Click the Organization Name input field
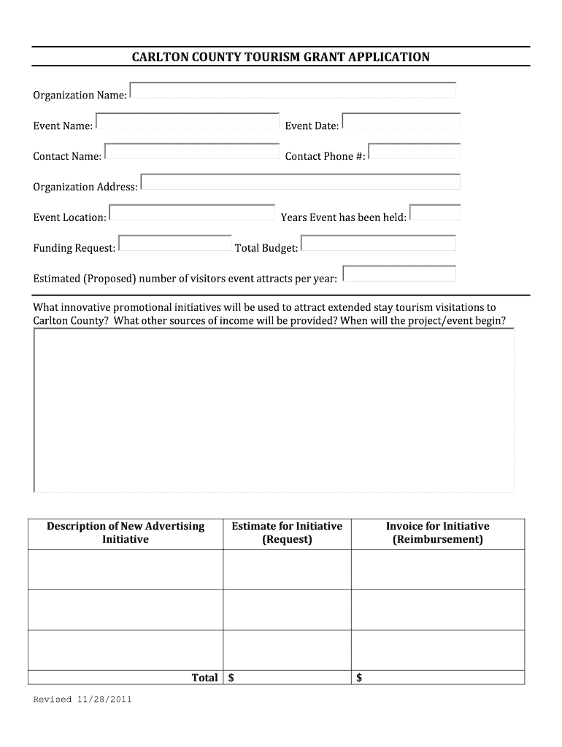tap(293, 90)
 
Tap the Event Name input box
tap(188, 121)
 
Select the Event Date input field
tap(401, 121)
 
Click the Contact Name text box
tap(192, 152)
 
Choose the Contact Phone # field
tap(415, 152)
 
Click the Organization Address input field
tap(300, 182)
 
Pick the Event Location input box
tap(192, 213)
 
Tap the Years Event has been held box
tap(435, 213)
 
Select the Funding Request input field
tap(175, 244)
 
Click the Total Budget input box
tap(378, 244)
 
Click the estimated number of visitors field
tap(399, 274)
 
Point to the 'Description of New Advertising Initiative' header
tap(126, 533)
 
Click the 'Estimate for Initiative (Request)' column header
tap(287, 533)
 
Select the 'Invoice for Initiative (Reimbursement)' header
tap(437, 533)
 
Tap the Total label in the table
tap(204, 678)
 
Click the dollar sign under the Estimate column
tap(231, 678)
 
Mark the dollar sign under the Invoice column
tap(359, 678)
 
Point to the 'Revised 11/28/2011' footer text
tap(82, 700)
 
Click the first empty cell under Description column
tap(126, 570)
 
